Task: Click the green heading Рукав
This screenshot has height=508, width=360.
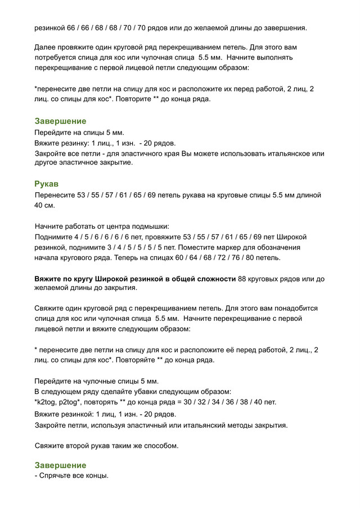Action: (47, 184)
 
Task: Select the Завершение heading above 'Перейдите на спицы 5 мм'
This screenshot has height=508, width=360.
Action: (60, 121)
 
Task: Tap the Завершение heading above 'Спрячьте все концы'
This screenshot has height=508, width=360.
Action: (60, 465)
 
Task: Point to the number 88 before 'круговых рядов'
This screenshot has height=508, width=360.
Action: (243, 279)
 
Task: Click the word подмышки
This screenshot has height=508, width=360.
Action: (151, 226)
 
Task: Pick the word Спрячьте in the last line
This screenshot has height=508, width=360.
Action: (57, 476)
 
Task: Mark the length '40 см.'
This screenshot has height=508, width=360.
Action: (45, 206)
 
